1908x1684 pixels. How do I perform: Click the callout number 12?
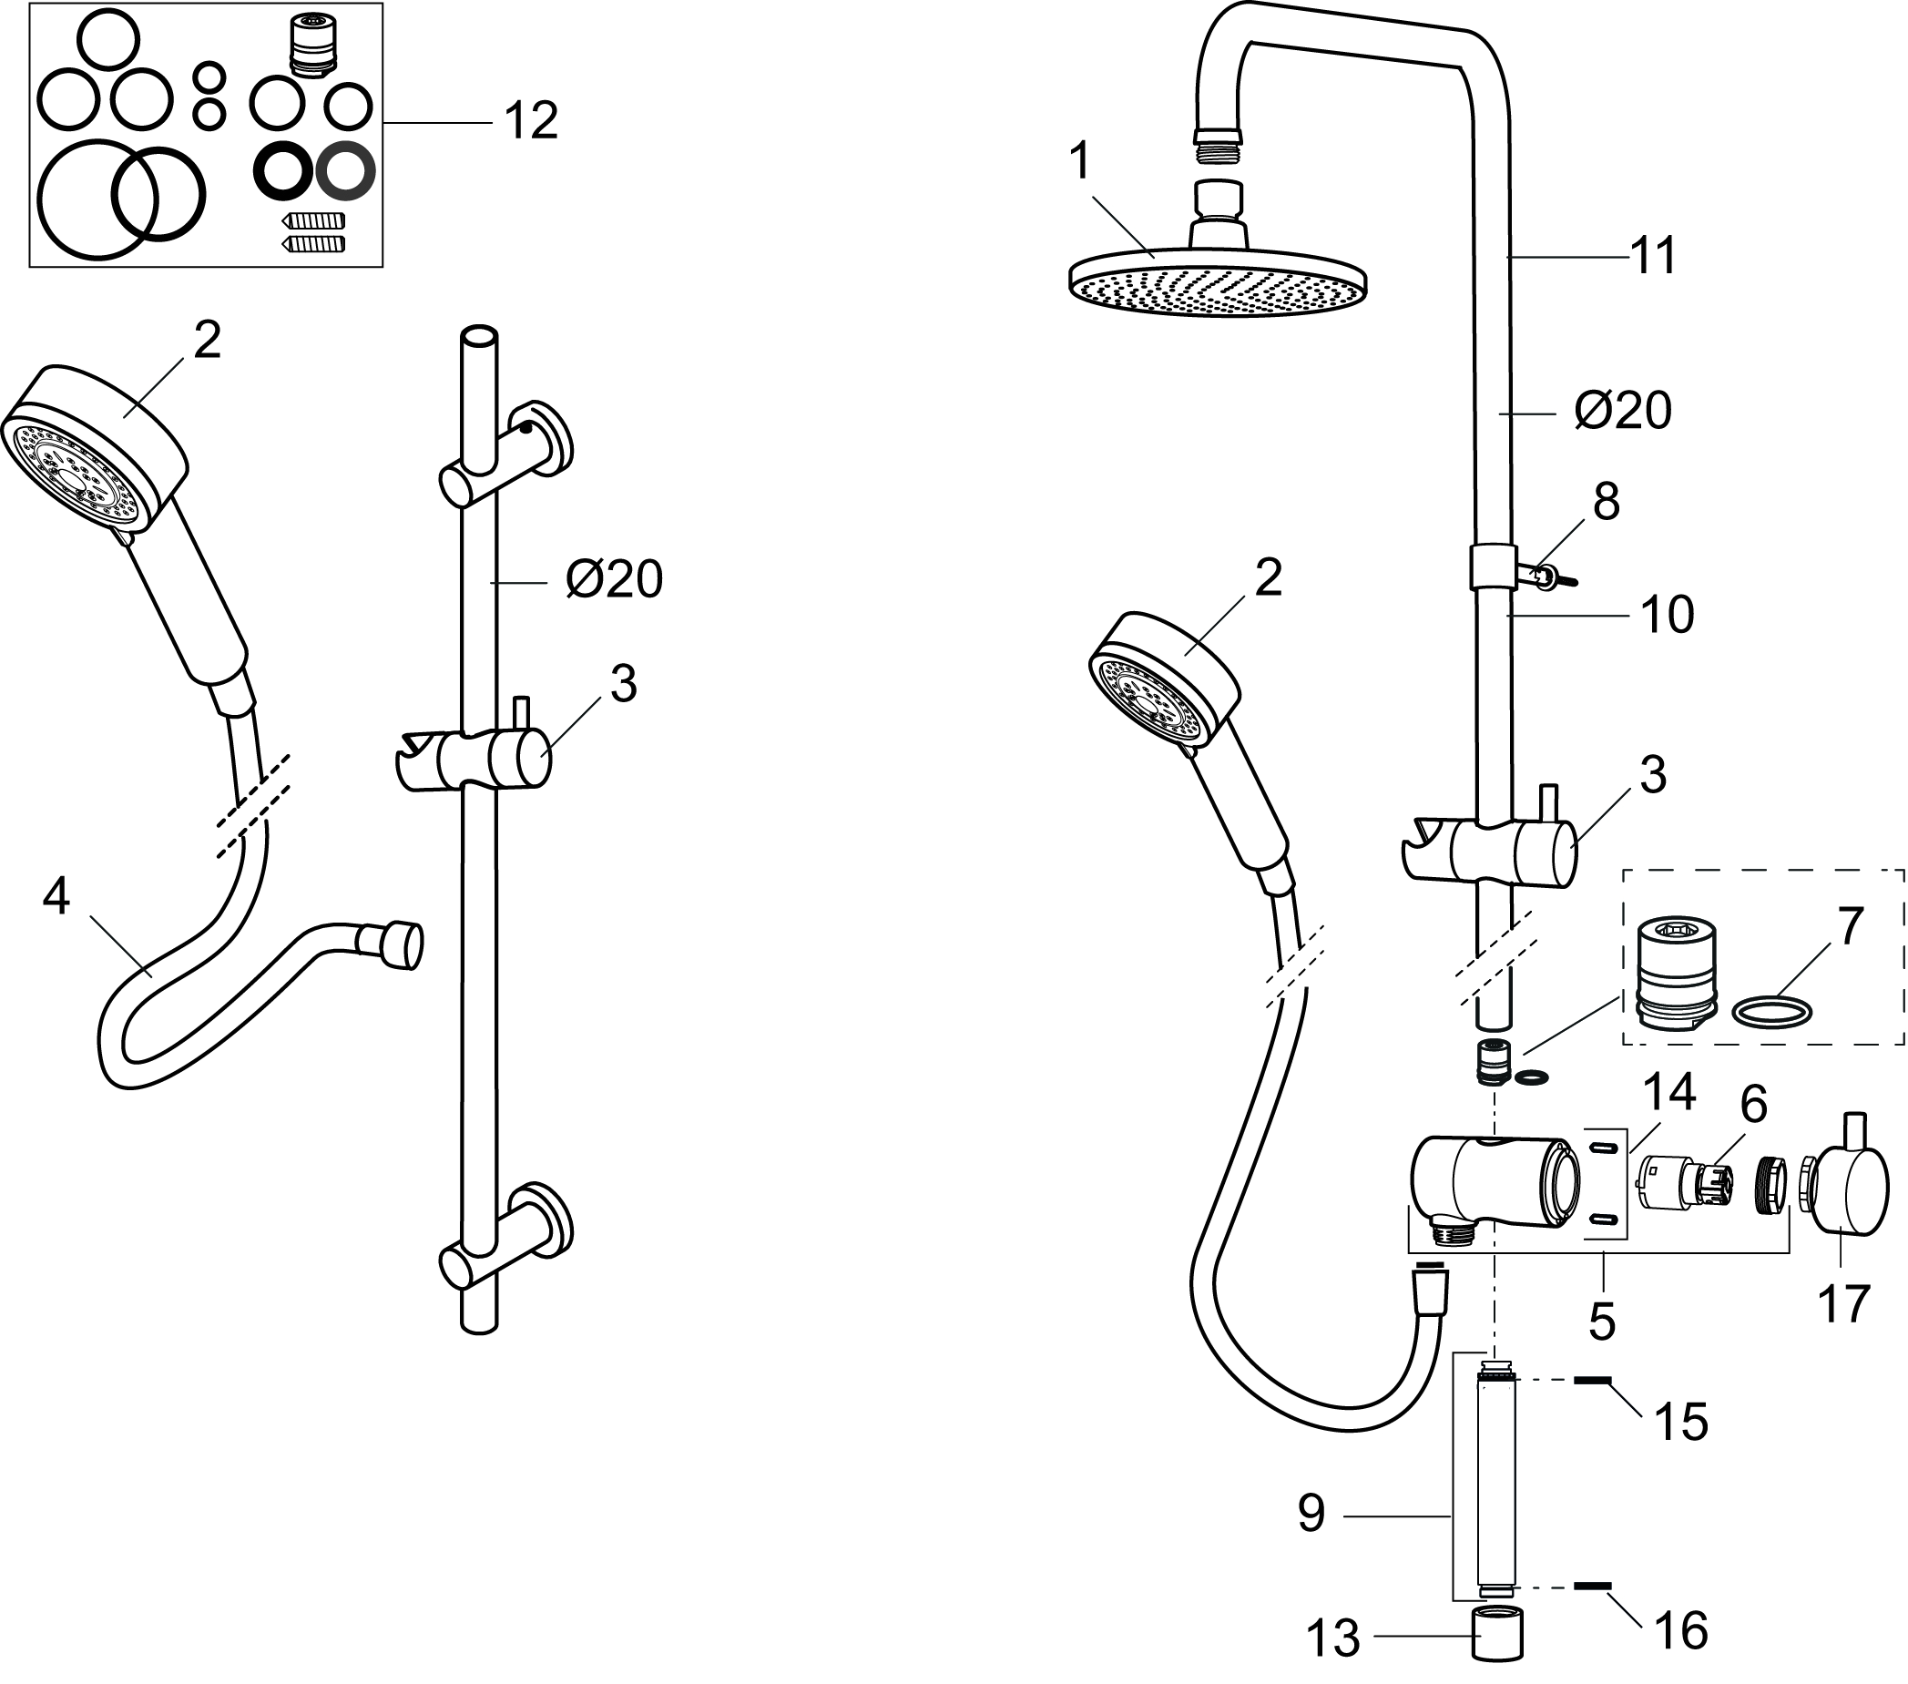530,121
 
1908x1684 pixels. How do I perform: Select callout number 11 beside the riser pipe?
1653,256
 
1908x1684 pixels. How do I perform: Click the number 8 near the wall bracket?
1606,503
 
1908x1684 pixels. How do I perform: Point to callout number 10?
1668,615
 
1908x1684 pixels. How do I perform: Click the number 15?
1680,1423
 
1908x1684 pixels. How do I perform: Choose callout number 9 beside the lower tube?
1311,1513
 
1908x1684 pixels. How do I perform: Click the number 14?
1669,1092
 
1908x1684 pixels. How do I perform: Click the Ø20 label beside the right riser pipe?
1623,411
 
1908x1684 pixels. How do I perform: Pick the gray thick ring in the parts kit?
345,172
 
